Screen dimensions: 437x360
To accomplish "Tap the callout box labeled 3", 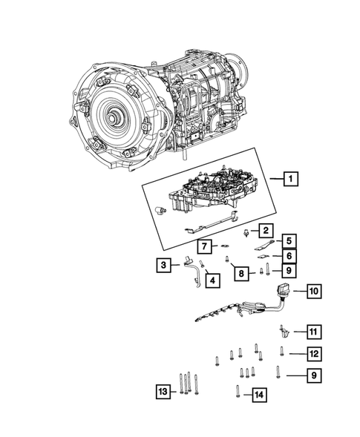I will [x=161, y=264].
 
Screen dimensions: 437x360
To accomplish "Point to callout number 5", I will [x=288, y=240].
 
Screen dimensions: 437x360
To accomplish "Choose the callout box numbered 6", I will [x=288, y=256].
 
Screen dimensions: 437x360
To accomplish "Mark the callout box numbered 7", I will [x=203, y=246].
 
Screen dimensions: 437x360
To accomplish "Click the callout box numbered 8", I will [x=240, y=274].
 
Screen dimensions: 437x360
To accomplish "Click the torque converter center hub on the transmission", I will [x=114, y=118].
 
